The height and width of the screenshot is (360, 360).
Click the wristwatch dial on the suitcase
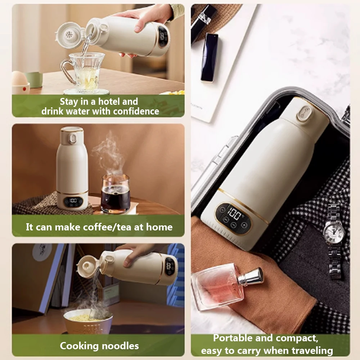[x=334, y=231]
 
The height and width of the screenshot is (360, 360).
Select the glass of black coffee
[x=115, y=195]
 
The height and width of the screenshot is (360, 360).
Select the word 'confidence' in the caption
[x=136, y=111]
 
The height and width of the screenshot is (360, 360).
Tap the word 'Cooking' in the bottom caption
[x=79, y=346]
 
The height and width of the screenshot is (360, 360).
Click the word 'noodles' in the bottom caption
[x=121, y=346]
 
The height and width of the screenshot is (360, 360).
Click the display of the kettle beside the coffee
[x=73, y=201]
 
